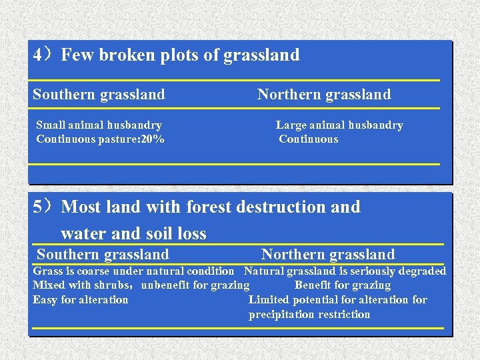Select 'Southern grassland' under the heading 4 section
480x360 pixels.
pyautogui.click(x=99, y=95)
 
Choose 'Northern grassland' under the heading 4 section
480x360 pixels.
pyautogui.click(x=324, y=95)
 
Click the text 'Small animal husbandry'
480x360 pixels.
pyautogui.click(x=99, y=125)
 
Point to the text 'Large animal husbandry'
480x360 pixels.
pyautogui.click(x=339, y=125)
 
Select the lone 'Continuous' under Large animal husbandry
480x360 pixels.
pyautogui.click(x=309, y=139)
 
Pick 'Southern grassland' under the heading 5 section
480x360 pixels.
pyautogui.click(x=103, y=255)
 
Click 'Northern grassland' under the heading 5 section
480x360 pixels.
pyautogui.click(x=328, y=255)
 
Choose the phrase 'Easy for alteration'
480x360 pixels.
pyautogui.click(x=81, y=300)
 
